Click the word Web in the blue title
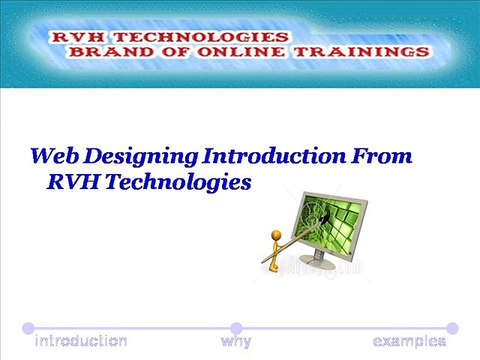point(53,157)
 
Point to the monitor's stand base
point(331,264)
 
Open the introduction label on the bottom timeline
point(81,341)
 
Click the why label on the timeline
point(236,341)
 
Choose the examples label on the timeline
point(409,341)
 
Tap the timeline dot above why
point(236,327)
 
